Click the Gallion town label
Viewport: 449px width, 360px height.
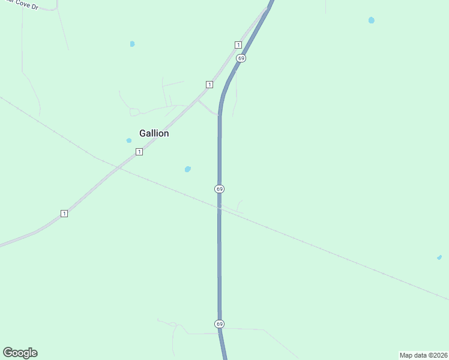154,133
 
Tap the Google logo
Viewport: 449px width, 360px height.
20,353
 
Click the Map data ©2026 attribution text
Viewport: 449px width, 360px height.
423,355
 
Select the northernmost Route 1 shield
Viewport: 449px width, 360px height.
238,45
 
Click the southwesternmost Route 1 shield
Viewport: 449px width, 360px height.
64,214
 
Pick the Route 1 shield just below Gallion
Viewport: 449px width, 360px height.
139,152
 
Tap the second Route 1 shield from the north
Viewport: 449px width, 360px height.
209,84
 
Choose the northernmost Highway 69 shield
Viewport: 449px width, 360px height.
241,58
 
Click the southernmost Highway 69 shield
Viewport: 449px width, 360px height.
219,324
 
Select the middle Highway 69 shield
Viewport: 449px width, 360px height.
219,189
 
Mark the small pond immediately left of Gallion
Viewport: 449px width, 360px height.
128,140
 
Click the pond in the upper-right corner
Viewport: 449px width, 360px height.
372,20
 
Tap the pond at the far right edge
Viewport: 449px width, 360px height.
439,257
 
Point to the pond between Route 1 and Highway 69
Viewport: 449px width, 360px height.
188,169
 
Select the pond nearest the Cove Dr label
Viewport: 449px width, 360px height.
132,44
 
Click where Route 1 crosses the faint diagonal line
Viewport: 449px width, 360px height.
119,167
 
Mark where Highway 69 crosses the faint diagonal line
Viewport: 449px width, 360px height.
219,206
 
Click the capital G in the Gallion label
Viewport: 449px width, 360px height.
143,133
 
